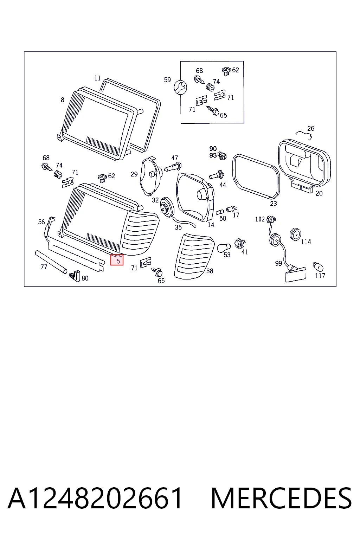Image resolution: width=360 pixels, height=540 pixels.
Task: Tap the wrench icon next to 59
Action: (180, 87)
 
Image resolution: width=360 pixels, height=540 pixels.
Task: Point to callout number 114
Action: (306, 242)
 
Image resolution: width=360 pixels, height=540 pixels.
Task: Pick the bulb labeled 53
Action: (224, 247)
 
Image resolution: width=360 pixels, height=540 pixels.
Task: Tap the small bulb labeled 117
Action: (318, 266)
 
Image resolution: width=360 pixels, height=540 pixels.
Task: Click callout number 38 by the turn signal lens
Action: (210, 271)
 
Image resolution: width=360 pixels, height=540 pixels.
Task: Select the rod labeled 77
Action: (51, 262)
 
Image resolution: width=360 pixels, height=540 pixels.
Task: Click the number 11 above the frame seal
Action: (97, 78)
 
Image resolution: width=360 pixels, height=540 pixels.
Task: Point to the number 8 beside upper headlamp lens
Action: (63, 100)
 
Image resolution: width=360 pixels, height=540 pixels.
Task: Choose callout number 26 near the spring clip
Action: (311, 128)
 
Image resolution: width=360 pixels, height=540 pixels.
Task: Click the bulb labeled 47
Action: (173, 167)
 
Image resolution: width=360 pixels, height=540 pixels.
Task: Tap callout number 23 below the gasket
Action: (273, 204)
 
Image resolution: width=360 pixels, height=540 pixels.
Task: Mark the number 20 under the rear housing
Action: (319, 193)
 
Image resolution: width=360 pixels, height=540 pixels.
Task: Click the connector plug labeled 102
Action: (271, 220)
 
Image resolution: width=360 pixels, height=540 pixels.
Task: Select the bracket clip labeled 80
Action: (75, 276)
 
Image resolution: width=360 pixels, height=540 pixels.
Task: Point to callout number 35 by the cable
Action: (178, 227)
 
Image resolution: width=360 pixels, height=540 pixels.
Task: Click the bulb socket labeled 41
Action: (240, 244)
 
